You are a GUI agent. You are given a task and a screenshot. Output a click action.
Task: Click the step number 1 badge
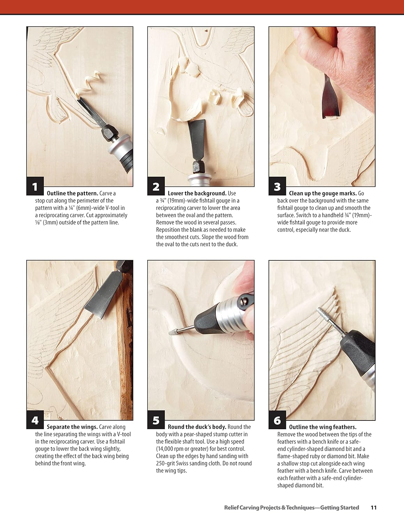pos(35,187)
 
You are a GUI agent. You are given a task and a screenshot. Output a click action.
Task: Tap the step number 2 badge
pos(156,187)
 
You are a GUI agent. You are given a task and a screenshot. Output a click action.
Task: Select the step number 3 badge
pos(277,187)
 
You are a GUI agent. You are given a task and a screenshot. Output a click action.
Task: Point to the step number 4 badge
pos(35,420)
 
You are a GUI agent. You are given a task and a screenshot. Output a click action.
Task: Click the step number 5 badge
pos(156,420)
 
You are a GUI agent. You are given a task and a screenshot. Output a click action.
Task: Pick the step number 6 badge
pos(277,420)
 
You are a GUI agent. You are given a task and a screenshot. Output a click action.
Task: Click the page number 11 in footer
pos(373,508)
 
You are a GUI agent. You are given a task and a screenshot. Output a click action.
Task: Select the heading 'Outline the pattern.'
pos(72,193)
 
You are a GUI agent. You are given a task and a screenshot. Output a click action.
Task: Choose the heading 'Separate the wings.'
pos(72,427)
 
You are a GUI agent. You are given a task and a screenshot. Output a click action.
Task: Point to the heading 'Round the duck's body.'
pos(197,427)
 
